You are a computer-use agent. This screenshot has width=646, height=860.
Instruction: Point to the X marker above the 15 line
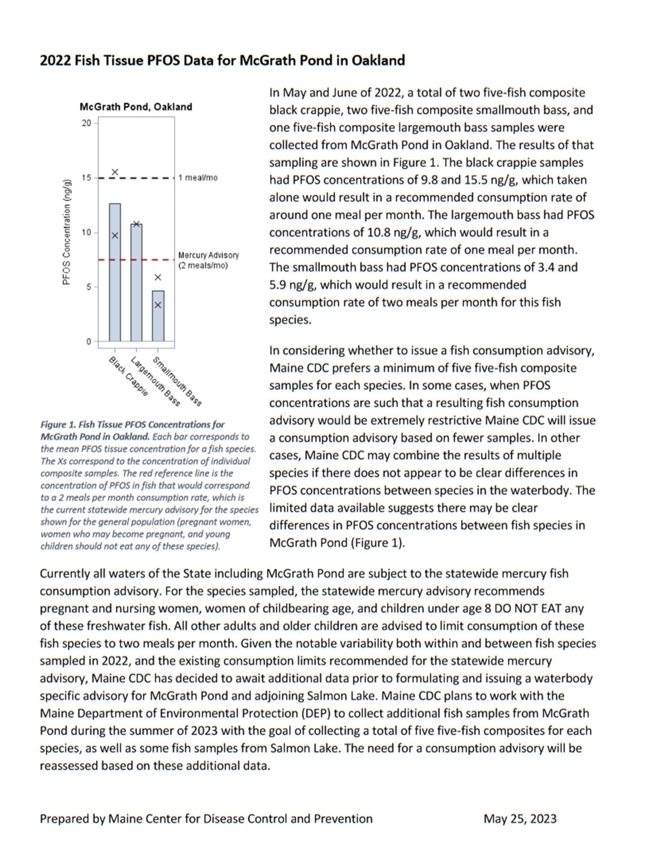(x=115, y=172)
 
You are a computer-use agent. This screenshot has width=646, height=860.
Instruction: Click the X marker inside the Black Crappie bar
(x=115, y=235)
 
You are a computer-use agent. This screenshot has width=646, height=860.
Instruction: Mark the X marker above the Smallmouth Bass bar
(x=158, y=277)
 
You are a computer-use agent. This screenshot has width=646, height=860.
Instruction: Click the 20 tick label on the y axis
(x=86, y=123)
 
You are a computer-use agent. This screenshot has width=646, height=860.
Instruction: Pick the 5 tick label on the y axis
(x=89, y=287)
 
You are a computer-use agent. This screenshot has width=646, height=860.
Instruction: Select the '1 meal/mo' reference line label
(x=198, y=178)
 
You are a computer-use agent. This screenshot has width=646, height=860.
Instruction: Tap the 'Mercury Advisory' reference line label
(x=208, y=255)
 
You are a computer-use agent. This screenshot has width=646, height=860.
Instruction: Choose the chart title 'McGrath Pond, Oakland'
(x=136, y=107)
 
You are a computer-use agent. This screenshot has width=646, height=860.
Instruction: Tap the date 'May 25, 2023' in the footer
(x=520, y=818)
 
